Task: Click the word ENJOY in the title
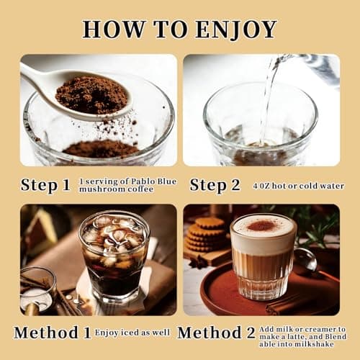(x=236, y=30)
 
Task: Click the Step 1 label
(x=45, y=186)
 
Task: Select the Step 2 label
(x=215, y=186)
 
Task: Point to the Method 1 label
(x=53, y=333)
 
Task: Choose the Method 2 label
(x=216, y=333)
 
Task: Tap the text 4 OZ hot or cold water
(x=298, y=186)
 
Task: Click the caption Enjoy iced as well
(x=132, y=333)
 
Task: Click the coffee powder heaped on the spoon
(x=92, y=95)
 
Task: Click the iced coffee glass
(x=114, y=258)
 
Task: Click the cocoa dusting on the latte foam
(x=261, y=225)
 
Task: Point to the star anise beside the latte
(x=197, y=262)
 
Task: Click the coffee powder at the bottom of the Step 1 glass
(x=101, y=149)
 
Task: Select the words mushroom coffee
(x=116, y=189)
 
